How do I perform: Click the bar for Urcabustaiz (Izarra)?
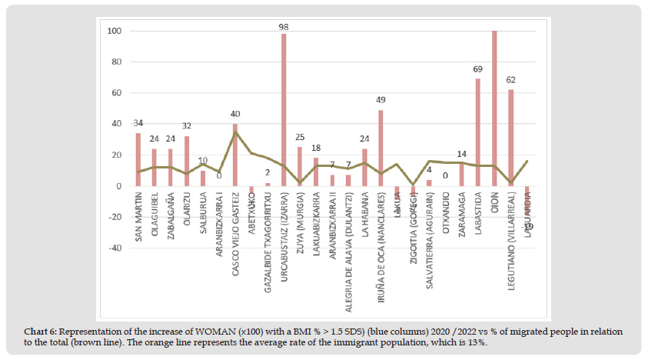[x=284, y=109]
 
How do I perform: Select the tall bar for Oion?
[x=493, y=108]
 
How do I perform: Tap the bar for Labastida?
[x=477, y=132]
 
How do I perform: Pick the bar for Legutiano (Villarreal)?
[x=510, y=138]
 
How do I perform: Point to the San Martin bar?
[x=138, y=159]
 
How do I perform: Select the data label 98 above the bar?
[x=284, y=27]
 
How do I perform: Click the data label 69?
[x=477, y=70]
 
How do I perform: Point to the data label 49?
[x=380, y=100]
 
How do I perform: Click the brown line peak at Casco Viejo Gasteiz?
[x=235, y=132]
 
